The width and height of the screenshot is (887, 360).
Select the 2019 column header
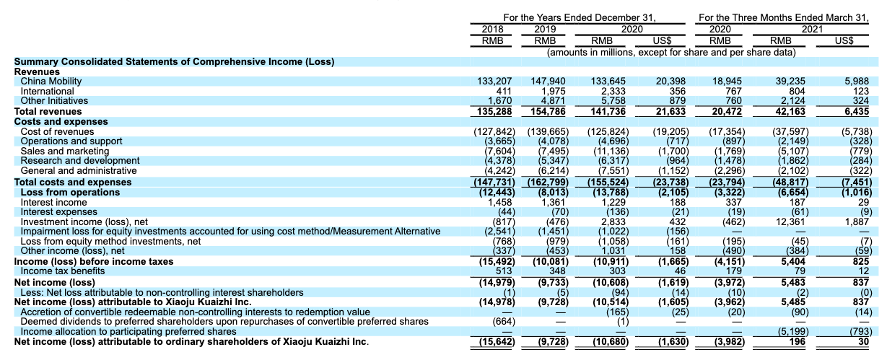coord(546,29)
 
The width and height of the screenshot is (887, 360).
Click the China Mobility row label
coord(51,82)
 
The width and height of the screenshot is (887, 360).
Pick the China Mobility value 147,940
coord(549,82)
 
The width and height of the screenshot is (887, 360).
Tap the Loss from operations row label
coord(65,193)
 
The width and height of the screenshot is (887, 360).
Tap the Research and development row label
coord(80,160)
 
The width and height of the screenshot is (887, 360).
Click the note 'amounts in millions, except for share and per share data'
coord(671,53)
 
